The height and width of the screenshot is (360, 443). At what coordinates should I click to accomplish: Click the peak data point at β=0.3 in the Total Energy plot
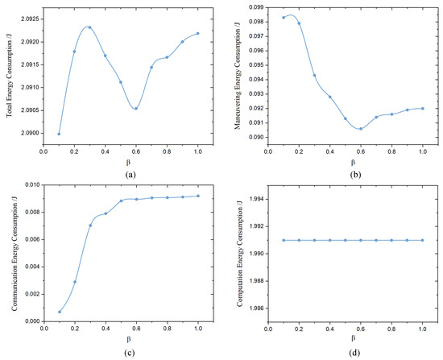89,27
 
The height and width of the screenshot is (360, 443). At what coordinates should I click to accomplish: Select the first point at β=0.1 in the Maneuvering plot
284,17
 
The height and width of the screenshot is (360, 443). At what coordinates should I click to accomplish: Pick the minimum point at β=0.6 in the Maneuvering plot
361,129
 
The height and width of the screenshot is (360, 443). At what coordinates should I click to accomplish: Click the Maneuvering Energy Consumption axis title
236,75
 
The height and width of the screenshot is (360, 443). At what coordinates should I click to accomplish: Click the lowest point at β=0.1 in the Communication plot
59,312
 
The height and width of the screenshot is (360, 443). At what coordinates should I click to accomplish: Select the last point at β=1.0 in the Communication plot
197,196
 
